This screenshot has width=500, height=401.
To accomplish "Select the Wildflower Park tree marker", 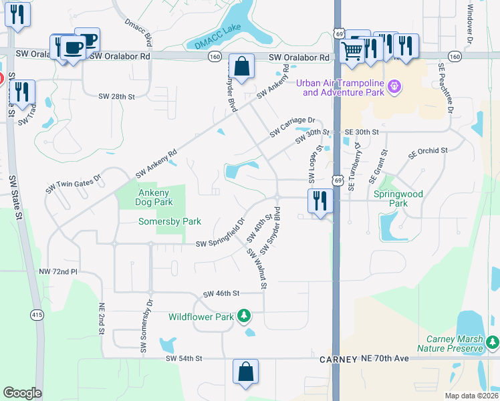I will [245, 315].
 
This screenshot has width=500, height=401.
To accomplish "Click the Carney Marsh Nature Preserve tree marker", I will [492, 343].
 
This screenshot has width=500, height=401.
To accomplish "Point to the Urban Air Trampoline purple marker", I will [394, 86].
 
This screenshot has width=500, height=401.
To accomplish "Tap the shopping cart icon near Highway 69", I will [352, 50].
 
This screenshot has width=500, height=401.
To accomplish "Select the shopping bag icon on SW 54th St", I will [245, 372].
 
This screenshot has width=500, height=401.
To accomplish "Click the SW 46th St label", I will [221, 293].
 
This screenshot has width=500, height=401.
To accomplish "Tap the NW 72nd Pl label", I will [59, 272].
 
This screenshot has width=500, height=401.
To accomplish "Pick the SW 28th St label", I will [116, 97].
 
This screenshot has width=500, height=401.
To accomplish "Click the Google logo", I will [22, 393].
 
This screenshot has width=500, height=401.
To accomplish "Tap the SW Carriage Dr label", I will [292, 125].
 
